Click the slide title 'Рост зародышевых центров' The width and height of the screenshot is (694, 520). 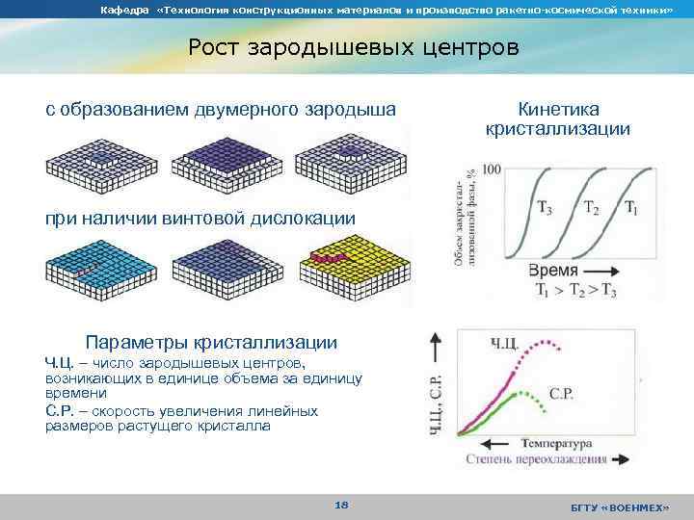coord(353,47)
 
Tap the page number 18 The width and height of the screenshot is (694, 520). coord(340,504)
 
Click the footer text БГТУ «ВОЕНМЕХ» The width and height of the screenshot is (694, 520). coord(618,506)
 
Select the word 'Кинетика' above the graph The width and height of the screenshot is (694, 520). coord(558,110)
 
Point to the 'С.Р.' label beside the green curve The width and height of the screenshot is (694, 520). coord(562,393)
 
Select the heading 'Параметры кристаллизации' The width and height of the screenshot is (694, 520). coord(211,342)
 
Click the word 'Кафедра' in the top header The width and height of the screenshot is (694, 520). coord(120,10)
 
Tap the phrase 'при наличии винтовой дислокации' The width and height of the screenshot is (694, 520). coord(200,219)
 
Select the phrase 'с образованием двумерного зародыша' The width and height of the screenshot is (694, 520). coord(221,110)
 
